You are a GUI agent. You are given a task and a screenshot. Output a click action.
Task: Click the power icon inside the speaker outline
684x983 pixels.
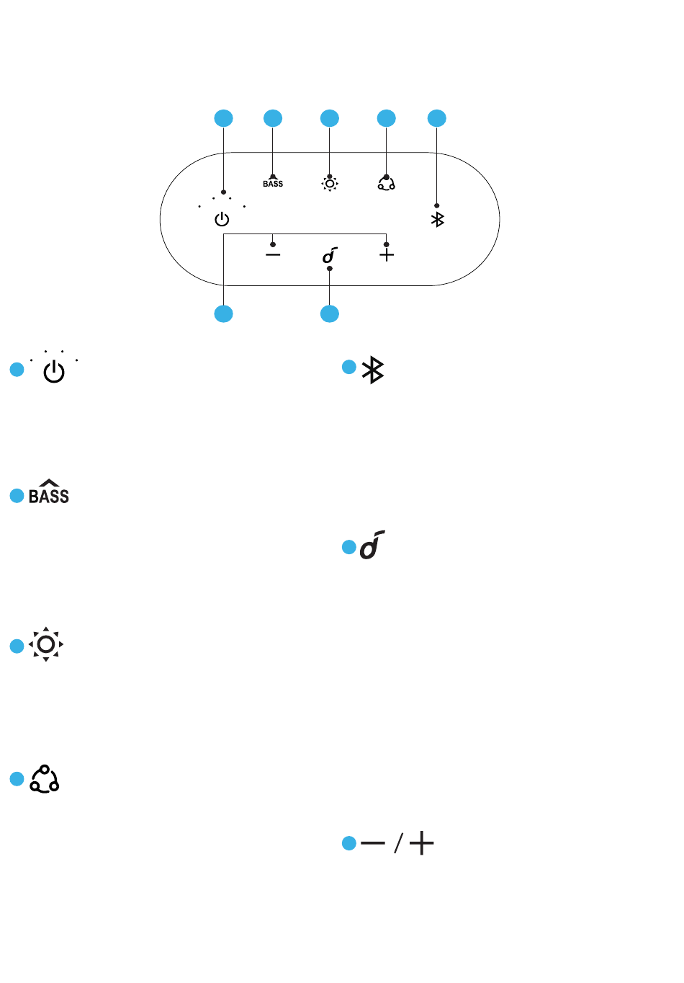point(222,219)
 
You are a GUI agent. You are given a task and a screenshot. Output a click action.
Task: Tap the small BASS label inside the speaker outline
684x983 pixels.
point(273,184)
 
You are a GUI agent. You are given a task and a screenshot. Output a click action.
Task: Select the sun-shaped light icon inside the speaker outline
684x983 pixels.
point(330,184)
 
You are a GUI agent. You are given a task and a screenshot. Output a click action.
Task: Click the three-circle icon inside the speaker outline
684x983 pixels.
point(387,183)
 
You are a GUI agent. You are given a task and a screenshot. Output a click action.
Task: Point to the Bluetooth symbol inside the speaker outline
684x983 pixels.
point(438,219)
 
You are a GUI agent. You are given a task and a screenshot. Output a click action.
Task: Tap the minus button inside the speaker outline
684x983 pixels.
point(273,254)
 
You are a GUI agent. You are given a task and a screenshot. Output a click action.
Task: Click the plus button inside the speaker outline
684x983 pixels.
point(387,254)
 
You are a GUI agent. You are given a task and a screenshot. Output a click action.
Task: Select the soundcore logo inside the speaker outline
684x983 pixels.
point(330,255)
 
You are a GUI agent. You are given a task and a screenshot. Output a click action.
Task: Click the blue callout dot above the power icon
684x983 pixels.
point(224,118)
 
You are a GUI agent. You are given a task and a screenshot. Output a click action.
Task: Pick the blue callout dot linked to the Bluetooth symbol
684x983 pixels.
point(437,118)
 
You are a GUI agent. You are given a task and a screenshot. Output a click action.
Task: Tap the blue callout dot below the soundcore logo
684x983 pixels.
point(330,313)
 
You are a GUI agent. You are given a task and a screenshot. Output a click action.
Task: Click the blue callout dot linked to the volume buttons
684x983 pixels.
point(224,313)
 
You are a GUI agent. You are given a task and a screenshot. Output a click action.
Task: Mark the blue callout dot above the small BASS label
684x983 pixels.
point(273,118)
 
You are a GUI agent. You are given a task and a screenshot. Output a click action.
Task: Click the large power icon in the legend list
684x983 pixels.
point(54,371)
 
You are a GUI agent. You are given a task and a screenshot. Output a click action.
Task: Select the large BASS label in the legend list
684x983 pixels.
point(49,492)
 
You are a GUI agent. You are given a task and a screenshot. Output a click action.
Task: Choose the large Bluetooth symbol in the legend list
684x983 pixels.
point(373,370)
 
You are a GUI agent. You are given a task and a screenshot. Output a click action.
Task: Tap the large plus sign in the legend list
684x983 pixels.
point(421,842)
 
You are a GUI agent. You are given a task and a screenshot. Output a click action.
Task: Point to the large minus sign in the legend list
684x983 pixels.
point(373,842)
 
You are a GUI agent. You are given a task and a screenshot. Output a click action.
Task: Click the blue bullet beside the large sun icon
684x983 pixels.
point(17,646)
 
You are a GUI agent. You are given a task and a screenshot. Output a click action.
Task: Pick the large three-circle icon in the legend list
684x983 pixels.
point(45,779)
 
